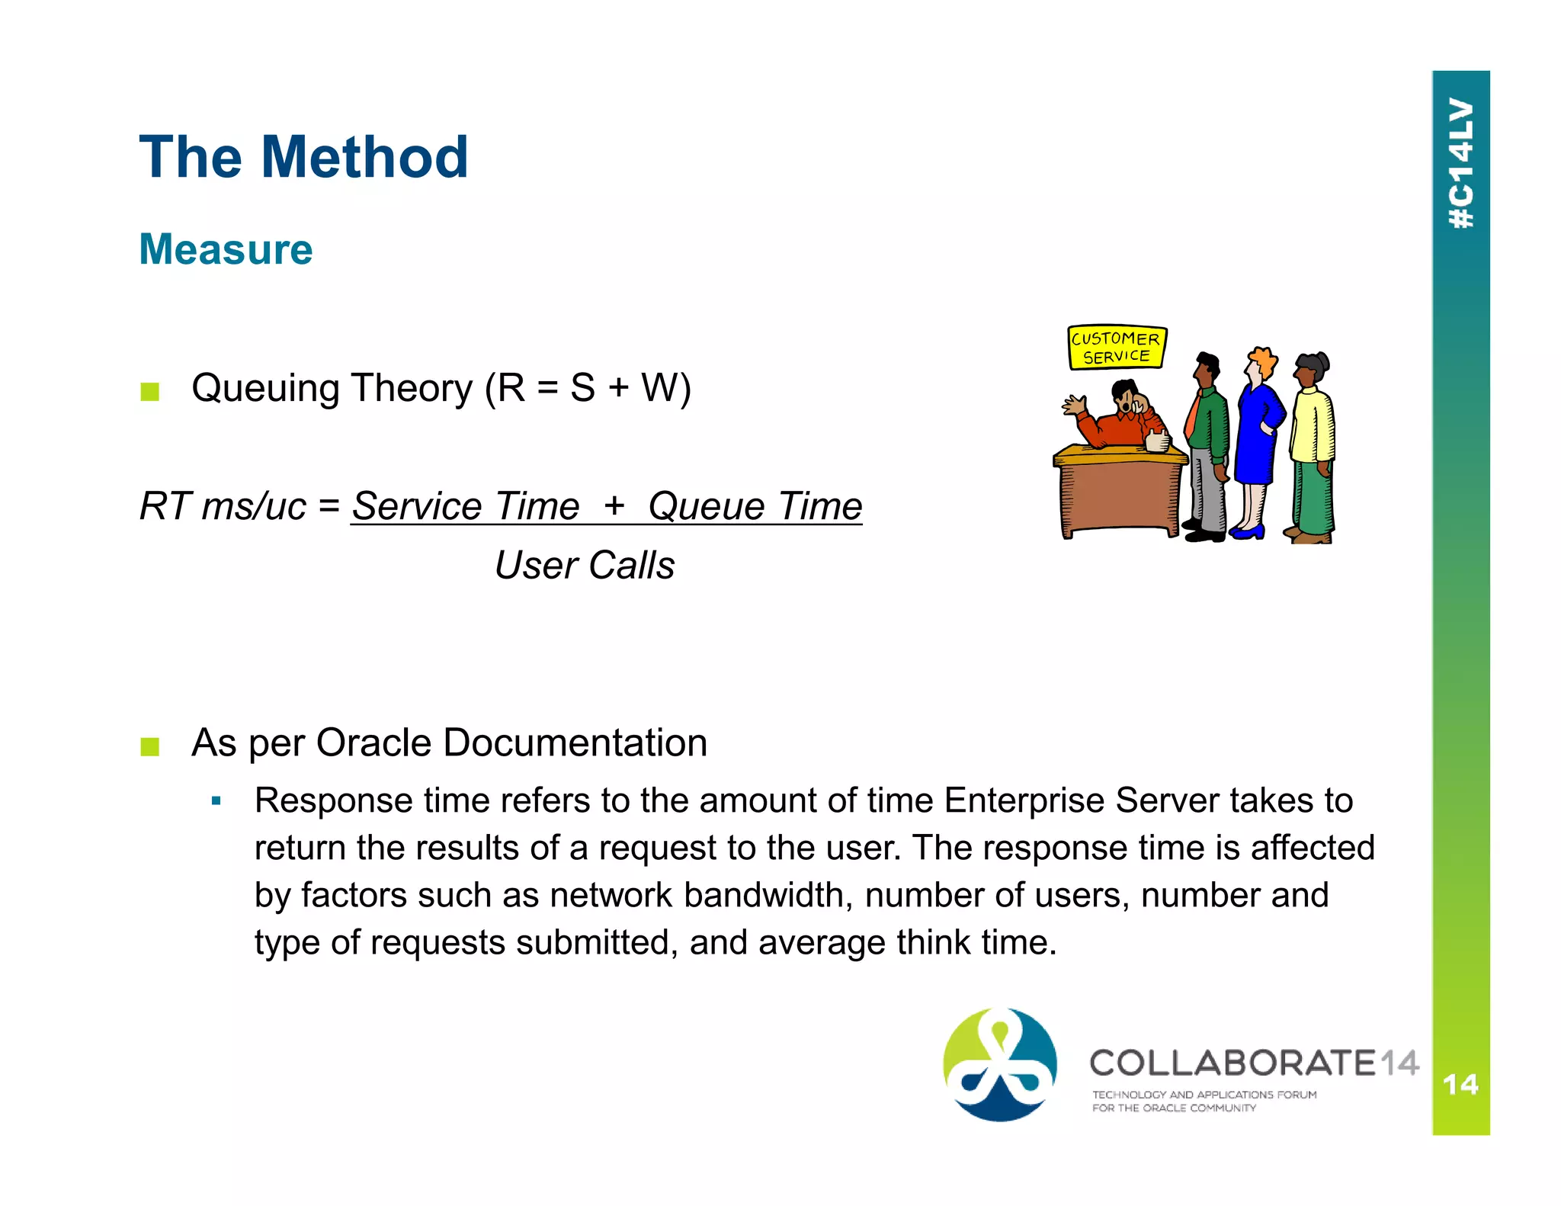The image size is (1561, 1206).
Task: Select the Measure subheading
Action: coord(226,249)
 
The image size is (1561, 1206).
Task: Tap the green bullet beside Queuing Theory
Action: coord(149,392)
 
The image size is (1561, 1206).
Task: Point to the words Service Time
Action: coord(466,506)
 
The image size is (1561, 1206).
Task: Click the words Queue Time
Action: coord(755,506)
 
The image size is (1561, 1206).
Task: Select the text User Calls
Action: coord(585,566)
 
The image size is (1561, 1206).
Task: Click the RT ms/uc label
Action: coord(223,506)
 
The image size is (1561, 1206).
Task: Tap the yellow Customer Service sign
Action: coord(1116,348)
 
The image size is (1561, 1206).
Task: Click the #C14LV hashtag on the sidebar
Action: coord(1460,164)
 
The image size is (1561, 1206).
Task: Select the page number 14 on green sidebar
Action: coord(1460,1084)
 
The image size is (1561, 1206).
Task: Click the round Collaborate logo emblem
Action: coord(1000,1064)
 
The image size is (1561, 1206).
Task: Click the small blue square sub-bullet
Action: coord(216,801)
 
